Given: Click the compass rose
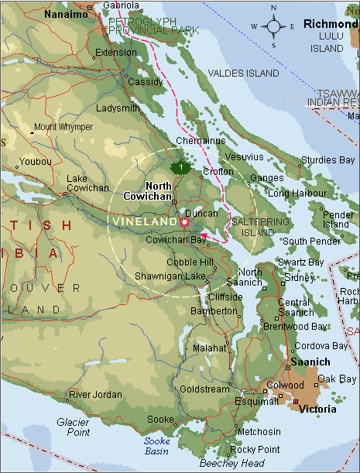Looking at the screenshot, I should tap(273, 26).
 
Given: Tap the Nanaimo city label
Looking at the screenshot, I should tap(65, 14).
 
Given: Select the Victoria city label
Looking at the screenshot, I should tap(317, 408).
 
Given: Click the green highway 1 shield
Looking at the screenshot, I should tap(180, 167).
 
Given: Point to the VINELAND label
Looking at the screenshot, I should tap(145, 221).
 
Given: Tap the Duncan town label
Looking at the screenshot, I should tap(202, 212).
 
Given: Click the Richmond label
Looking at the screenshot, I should tap(331, 24).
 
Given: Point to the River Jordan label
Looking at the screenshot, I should tap(95, 395).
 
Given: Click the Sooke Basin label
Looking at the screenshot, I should tap(157, 445).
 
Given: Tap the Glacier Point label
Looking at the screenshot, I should tap(74, 427).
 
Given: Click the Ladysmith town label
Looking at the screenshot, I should tap(118, 108).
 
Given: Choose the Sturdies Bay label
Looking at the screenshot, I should tap(328, 160).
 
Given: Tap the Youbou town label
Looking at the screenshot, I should tap(36, 162).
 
